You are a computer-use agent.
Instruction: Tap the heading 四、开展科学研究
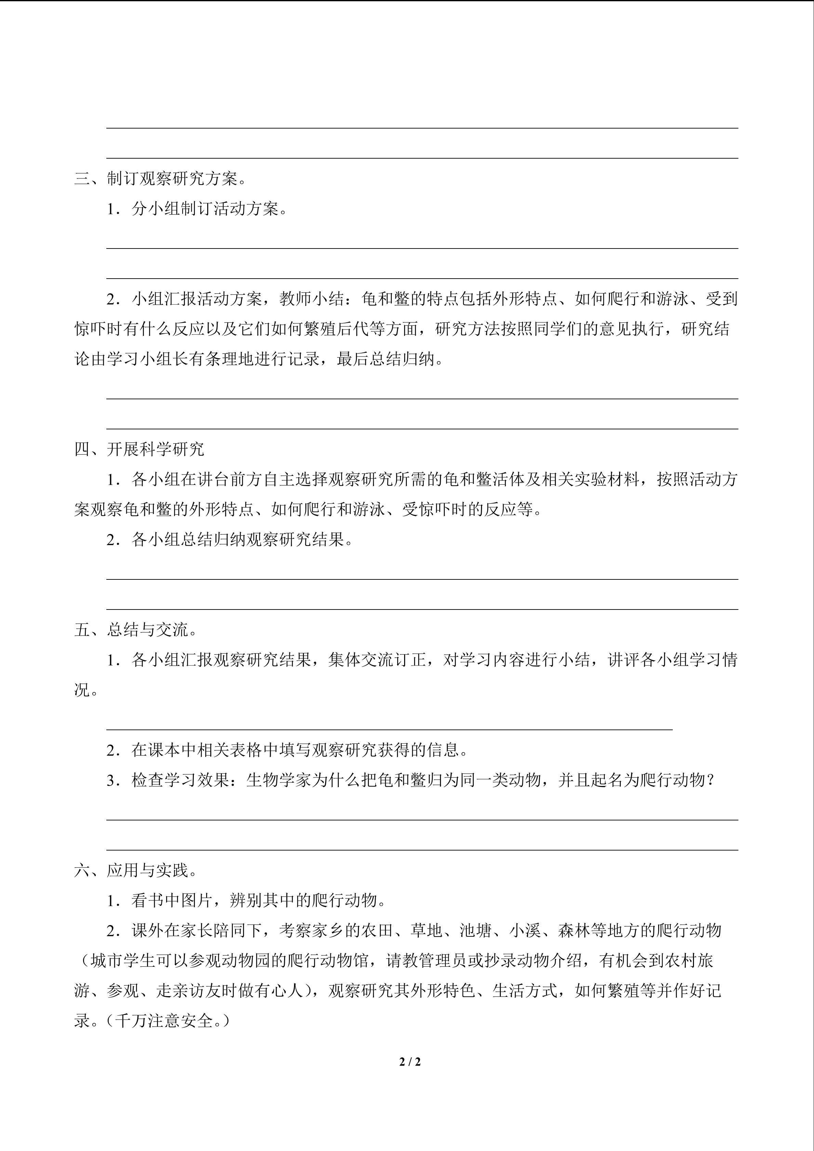139,449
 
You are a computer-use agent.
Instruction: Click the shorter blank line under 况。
389,730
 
